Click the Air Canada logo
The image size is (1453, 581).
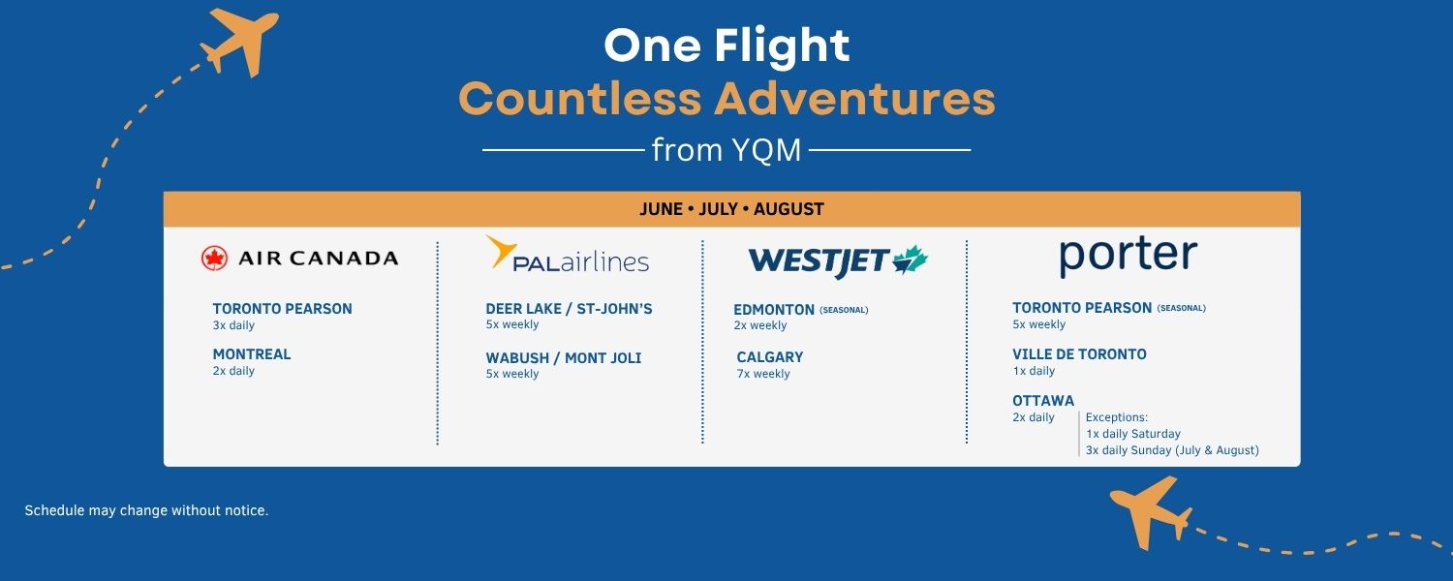(299, 259)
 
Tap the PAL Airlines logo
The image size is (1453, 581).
(568, 254)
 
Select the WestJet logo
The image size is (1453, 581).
(838, 260)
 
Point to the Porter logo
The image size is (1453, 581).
(1128, 257)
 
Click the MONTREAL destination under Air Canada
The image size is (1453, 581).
(252, 354)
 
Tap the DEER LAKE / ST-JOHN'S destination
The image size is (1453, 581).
(569, 309)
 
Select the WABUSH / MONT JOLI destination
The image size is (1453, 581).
(564, 358)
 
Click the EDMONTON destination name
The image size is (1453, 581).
(774, 310)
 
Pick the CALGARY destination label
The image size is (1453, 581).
(770, 357)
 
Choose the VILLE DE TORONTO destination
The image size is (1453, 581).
(1079, 354)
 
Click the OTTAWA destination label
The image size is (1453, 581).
(1043, 401)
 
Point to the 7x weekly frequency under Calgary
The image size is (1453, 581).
(763, 374)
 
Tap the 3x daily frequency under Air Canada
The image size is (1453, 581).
(233, 325)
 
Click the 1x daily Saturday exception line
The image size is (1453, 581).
(1133, 434)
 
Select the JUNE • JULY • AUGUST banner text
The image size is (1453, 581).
(731, 209)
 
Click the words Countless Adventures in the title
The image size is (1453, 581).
(726, 99)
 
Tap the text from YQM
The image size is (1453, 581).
(726, 150)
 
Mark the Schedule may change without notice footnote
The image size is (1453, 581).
(146, 511)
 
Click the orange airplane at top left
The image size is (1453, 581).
(239, 42)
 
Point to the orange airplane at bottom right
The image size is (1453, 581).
(1151, 513)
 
